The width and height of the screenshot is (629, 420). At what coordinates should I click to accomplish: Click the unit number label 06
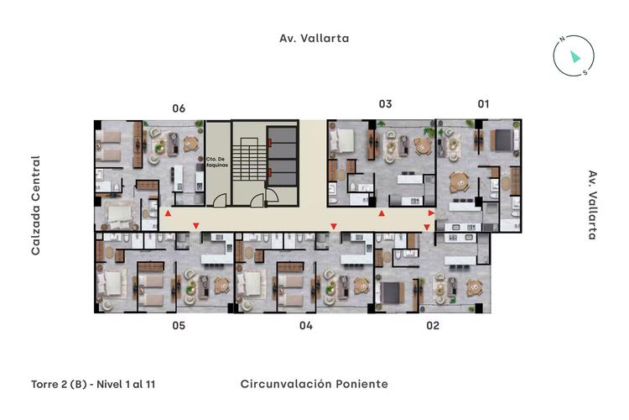point(178,108)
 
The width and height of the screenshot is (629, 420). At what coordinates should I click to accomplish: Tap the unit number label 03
point(385,104)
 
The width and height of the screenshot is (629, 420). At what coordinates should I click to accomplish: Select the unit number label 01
point(483,104)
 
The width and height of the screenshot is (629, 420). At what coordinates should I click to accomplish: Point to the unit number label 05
point(178,325)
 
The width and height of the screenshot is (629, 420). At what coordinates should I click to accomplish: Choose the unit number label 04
point(305,325)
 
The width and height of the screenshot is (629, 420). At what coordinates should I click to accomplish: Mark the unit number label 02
point(433,325)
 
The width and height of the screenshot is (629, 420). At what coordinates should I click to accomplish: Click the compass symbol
point(574,55)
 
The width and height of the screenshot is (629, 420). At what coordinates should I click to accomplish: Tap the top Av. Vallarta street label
point(314,38)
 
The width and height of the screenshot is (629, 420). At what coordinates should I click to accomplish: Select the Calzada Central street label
point(36,205)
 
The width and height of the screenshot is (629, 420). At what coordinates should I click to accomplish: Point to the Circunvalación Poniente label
point(314,384)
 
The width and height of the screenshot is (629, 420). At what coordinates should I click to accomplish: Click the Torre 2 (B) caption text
point(92,384)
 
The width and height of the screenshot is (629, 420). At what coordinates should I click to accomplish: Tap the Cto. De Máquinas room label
point(215,161)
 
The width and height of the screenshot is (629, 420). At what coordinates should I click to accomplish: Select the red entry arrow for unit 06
point(169,215)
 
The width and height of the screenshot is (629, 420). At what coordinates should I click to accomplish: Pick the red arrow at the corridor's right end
point(431,215)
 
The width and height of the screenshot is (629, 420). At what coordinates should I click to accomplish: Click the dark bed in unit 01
point(502,138)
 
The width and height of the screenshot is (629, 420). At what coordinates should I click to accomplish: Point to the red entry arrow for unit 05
point(195,226)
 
